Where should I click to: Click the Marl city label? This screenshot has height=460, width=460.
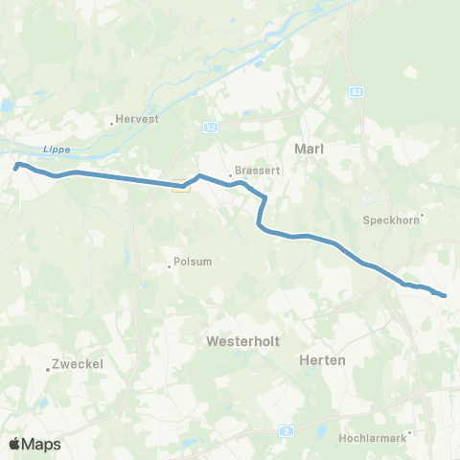(x=309, y=149)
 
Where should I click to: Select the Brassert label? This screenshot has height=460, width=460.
(x=252, y=174)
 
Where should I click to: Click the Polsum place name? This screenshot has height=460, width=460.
(x=191, y=263)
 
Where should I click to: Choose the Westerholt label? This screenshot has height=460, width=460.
(x=240, y=340)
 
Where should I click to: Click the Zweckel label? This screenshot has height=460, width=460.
(x=78, y=364)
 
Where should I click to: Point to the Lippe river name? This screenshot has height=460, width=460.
(x=58, y=149)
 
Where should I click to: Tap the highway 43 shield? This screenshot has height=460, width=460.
(x=357, y=91)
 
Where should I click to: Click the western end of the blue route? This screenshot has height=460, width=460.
(x=16, y=166)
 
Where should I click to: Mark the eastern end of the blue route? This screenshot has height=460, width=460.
(x=446, y=295)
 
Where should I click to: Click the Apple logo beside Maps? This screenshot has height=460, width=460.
(x=14, y=444)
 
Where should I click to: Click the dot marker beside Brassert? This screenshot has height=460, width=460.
(x=230, y=175)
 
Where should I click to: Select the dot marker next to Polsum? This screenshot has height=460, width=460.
(x=170, y=266)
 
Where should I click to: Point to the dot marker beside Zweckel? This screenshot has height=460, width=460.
(x=49, y=369)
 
